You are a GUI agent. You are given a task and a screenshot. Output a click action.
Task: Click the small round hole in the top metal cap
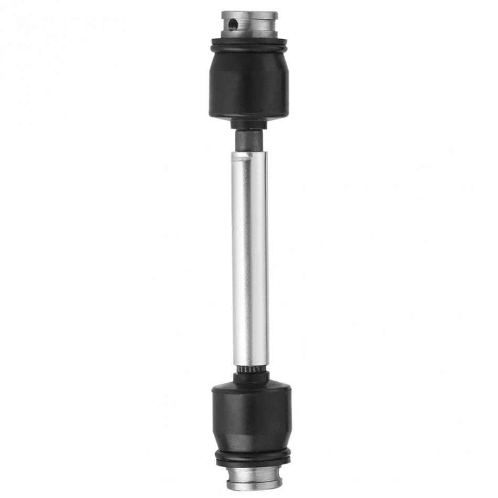[233, 24]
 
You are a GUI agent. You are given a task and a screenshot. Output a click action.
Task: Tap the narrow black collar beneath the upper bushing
[250, 124]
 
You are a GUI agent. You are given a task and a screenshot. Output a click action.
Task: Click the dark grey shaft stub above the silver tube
[250, 140]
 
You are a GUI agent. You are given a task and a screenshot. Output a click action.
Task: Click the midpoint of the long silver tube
[250, 259]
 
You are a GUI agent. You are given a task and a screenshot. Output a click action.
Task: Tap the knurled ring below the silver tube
[250, 370]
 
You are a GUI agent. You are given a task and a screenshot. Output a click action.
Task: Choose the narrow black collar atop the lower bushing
[251, 377]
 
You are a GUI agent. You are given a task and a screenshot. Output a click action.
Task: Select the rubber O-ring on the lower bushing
[253, 454]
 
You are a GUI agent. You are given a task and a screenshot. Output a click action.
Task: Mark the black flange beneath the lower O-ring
[253, 462]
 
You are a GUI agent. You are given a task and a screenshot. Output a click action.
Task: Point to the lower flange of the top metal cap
[250, 34]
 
